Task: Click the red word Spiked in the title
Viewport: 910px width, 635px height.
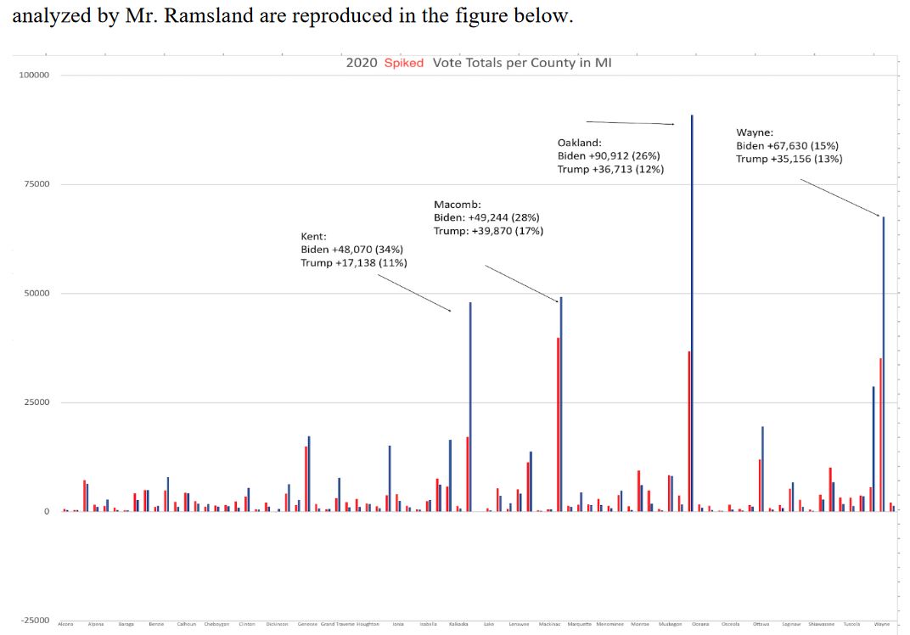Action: pos(404,64)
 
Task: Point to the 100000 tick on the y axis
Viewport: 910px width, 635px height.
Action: pos(35,76)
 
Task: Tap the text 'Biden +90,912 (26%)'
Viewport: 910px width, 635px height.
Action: pos(609,156)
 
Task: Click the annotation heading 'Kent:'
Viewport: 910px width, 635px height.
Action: pos(313,236)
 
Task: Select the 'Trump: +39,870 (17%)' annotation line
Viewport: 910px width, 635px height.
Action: pos(488,231)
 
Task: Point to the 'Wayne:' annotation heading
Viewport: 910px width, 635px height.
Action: pos(754,132)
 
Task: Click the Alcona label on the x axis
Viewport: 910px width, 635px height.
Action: pos(65,624)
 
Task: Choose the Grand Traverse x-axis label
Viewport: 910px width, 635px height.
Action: pos(338,624)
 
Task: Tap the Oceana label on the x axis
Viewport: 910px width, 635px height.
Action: pos(700,624)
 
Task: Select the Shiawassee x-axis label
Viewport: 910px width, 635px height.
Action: pos(821,624)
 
